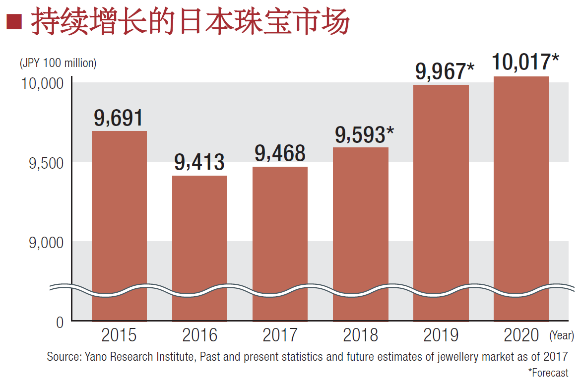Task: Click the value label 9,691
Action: coord(119,118)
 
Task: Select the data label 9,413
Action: coord(199,162)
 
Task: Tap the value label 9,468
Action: coord(280,153)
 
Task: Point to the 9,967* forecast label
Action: coord(445,71)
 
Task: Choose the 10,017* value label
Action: coord(525,63)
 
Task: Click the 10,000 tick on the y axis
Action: coord(43,83)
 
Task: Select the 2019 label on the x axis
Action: coord(441,336)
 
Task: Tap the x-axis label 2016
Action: coord(199,336)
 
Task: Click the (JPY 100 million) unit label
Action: coord(58,64)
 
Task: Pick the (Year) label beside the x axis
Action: coord(561,336)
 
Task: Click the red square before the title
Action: coord(13,23)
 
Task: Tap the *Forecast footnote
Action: coord(548,373)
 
